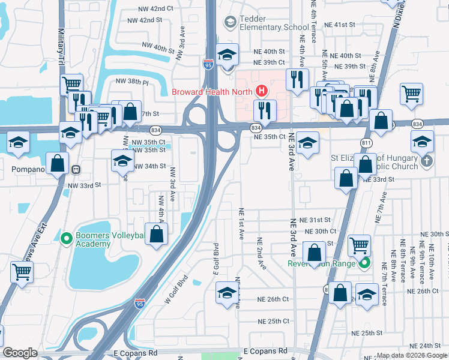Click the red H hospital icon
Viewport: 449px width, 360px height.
coord(262,91)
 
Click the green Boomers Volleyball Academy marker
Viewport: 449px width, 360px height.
coord(67,239)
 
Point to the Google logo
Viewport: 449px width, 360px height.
coord(20,353)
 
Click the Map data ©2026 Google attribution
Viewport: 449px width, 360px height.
coord(412,356)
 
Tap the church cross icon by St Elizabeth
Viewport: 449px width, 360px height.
coord(426,161)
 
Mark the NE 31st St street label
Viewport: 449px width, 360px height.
coord(315,220)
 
